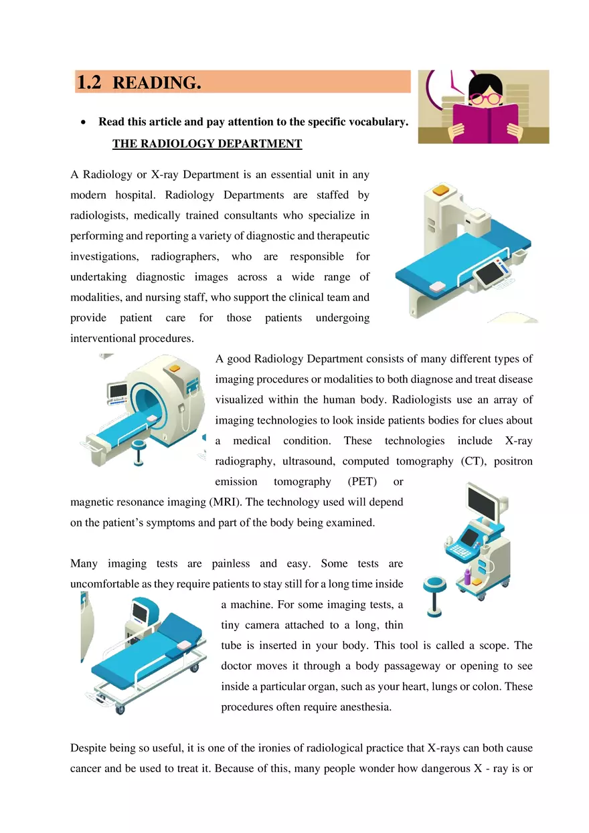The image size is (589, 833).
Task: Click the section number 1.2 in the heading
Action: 89,83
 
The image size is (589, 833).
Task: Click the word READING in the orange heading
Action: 157,83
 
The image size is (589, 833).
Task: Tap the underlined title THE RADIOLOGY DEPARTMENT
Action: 207,144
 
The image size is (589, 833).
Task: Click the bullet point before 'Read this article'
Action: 82,122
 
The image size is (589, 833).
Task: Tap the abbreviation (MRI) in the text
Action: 226,502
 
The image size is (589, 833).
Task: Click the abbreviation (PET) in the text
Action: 362,482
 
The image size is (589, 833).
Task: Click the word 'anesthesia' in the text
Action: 366,707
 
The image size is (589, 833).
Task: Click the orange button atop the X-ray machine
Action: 440,191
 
